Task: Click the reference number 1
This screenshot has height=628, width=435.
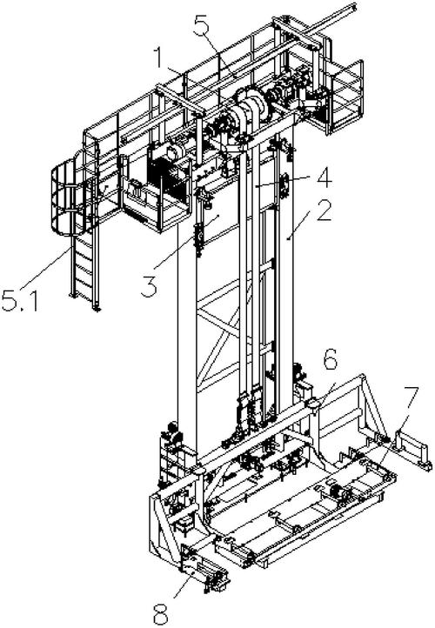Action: [160, 59]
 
